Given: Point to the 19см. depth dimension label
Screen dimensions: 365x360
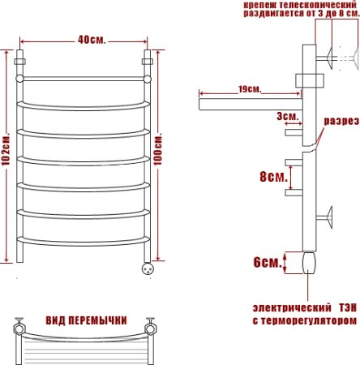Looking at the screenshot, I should [248, 88].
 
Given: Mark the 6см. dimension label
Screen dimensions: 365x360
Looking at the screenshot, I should [265, 261].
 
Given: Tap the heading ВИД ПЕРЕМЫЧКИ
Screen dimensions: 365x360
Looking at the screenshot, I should [85, 320].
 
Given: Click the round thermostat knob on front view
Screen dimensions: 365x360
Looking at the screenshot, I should [148, 267].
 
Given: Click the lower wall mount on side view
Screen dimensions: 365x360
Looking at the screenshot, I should [328, 217].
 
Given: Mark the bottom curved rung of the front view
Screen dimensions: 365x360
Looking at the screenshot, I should [84, 240].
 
